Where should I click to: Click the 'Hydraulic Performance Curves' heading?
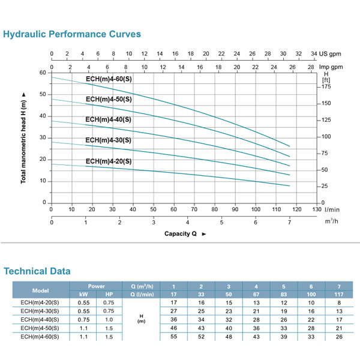click(x=72, y=34)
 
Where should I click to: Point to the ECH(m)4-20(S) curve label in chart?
click(x=109, y=161)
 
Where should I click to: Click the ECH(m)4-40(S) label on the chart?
click(x=109, y=119)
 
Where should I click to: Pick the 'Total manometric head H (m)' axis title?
click(x=23, y=138)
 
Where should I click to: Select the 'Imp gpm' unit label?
click(x=330, y=67)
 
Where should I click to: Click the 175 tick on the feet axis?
click(x=326, y=87)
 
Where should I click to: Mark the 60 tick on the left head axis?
click(x=43, y=73)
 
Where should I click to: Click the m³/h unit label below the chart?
click(x=331, y=221)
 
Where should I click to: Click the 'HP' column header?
click(x=109, y=294)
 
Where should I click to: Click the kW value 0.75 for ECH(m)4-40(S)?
click(x=84, y=320)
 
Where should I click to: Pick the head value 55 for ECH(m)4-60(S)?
click(x=174, y=337)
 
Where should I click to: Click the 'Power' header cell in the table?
click(x=96, y=286)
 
